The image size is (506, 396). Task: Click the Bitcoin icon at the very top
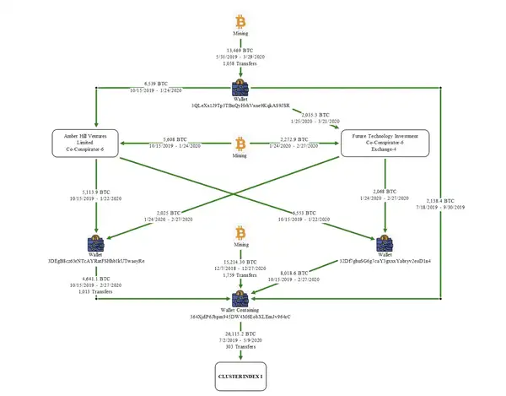click(x=240, y=18)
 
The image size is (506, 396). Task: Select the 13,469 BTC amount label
click(x=241, y=51)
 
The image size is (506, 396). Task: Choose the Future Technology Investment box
click(x=385, y=142)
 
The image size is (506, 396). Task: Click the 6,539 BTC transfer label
click(x=153, y=84)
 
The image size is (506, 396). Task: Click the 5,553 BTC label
click(x=302, y=212)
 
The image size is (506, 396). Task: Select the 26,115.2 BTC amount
click(x=241, y=334)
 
